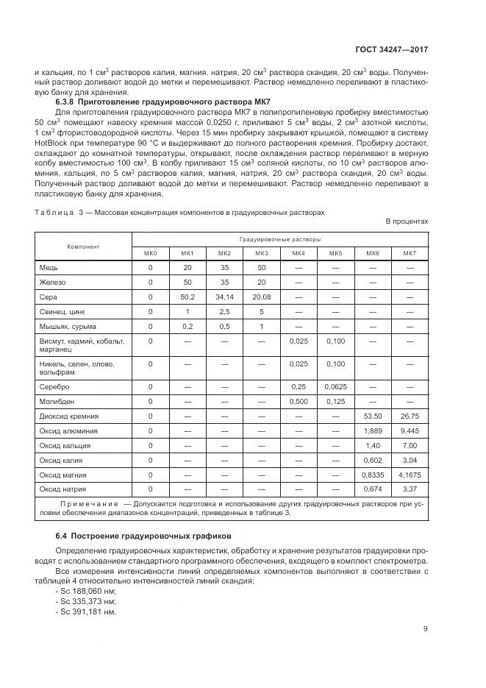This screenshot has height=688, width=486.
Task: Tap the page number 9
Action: (426, 628)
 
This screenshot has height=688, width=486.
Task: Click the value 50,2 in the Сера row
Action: (187, 297)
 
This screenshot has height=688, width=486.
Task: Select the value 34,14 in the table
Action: (224, 297)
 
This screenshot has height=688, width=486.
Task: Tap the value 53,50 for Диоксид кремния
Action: (372, 416)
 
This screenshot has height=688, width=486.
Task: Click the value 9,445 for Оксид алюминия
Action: (409, 430)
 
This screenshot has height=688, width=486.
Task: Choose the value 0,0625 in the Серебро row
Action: (335, 386)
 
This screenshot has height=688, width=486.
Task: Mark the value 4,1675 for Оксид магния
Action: (409, 475)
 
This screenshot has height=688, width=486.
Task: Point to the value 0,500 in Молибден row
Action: (298, 401)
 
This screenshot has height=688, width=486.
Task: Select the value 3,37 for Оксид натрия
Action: (409, 489)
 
